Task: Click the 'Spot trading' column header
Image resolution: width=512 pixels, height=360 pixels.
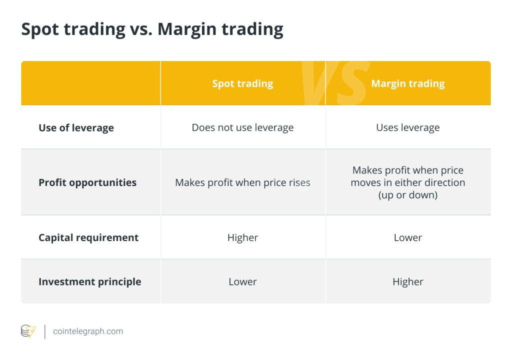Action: (x=242, y=83)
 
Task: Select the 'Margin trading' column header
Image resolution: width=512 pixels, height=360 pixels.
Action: (x=408, y=83)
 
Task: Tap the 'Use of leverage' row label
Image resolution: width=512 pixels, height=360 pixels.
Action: (x=76, y=127)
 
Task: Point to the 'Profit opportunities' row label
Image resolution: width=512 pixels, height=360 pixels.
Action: (x=87, y=182)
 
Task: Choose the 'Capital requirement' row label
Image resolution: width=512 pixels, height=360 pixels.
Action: (x=88, y=237)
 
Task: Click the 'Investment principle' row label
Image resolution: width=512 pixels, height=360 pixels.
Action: (x=90, y=281)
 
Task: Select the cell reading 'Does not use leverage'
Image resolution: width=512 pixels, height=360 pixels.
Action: (x=242, y=127)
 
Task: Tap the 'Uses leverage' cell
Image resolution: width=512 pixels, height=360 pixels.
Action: (x=408, y=127)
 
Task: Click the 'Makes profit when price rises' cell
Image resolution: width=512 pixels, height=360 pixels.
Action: (x=242, y=182)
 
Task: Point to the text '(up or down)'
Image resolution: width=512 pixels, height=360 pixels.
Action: (x=408, y=195)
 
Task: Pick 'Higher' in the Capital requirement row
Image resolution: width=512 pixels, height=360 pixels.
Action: (x=242, y=237)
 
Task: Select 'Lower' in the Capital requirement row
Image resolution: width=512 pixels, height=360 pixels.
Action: (x=408, y=237)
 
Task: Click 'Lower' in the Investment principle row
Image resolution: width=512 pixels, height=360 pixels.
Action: (x=242, y=281)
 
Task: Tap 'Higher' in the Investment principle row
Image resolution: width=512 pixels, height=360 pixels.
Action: (x=408, y=281)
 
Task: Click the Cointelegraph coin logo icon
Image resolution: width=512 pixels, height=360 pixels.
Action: (x=28, y=331)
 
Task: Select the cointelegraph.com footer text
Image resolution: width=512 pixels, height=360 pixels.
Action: (x=88, y=331)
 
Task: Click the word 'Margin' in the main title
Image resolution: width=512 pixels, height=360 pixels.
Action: (x=187, y=29)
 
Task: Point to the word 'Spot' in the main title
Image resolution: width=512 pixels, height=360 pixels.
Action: (x=40, y=29)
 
